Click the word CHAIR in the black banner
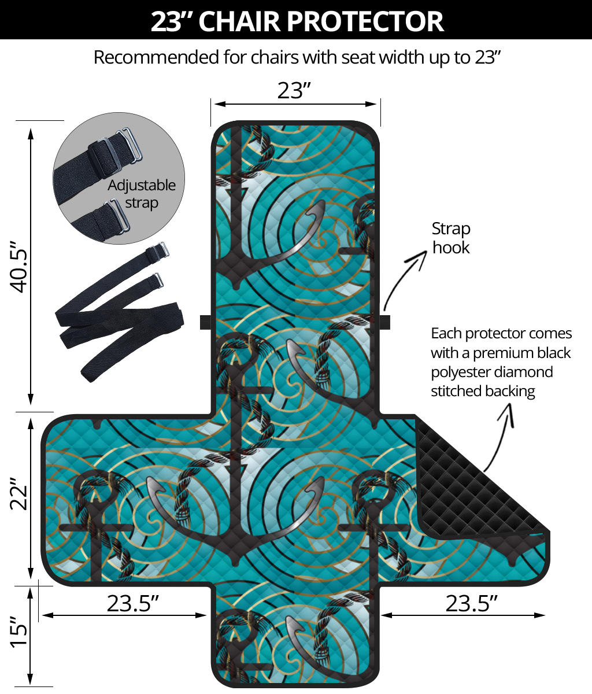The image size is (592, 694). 239,21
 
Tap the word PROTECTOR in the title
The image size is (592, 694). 365,21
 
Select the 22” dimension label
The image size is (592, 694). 19,494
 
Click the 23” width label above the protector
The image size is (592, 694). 294,91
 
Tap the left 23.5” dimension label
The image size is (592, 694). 132,603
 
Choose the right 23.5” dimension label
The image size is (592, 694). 472,603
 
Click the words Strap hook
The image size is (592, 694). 451,238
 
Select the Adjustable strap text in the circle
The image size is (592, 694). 141,194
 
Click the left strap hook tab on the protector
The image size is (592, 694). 205,322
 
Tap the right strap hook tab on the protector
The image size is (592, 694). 384,322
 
